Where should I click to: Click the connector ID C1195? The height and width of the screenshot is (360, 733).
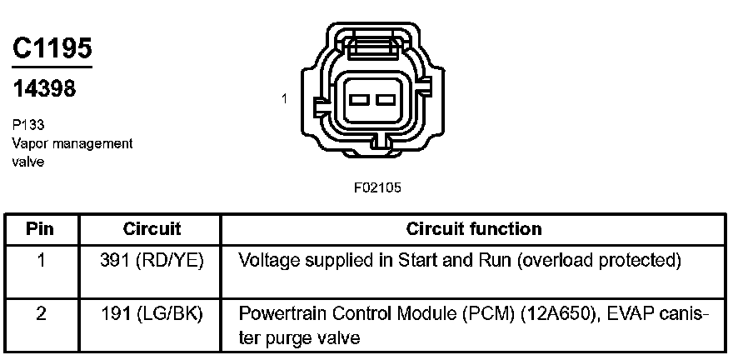[52, 49]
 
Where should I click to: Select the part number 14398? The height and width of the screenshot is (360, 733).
[44, 87]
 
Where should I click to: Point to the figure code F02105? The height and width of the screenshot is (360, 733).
[377, 187]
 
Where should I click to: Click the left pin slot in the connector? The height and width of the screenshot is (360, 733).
[360, 100]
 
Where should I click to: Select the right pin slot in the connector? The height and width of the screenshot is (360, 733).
[384, 100]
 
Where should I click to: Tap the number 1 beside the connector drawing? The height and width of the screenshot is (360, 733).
[284, 98]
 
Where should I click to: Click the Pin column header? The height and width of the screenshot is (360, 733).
[40, 228]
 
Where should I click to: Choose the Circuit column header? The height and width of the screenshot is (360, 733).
[152, 228]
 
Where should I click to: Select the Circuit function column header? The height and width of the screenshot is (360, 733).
[474, 228]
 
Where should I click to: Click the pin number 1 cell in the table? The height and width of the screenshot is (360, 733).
[40, 261]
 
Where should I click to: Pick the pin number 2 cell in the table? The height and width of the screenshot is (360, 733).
[40, 314]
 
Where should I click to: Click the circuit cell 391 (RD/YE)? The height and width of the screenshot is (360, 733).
[152, 261]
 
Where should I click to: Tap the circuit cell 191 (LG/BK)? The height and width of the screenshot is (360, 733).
[152, 314]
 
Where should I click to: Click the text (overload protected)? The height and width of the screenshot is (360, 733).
[599, 261]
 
